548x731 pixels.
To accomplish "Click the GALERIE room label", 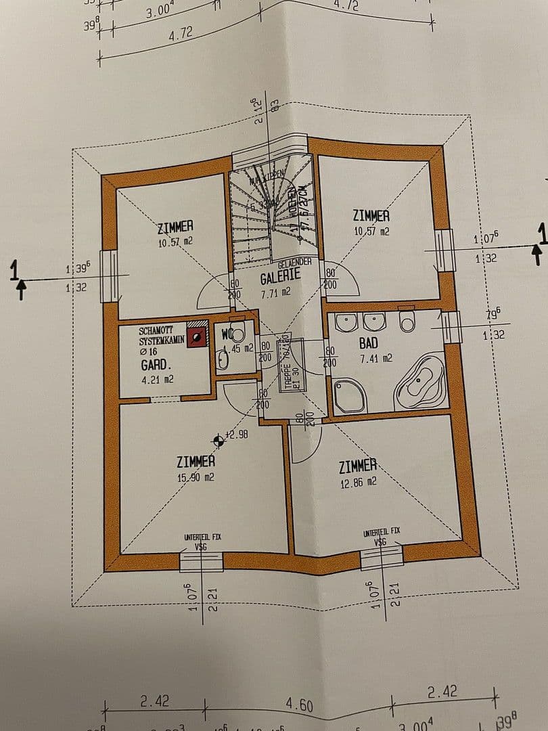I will tap(280, 277).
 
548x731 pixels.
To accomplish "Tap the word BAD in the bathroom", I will tap(368, 343).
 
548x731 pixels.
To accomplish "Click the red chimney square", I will tap(197, 334).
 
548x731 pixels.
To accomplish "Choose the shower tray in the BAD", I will tap(350, 395).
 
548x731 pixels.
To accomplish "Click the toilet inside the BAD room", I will tap(407, 322).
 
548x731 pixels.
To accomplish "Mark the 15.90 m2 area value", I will tap(196, 477).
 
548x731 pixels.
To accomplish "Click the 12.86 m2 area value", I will tap(358, 483).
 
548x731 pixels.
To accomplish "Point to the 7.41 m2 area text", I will tap(375, 358).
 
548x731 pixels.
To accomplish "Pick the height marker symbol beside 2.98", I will tap(218, 441).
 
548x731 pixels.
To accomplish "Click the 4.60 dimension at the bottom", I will tap(299, 705).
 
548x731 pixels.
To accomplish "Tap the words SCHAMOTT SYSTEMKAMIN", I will tap(161, 336).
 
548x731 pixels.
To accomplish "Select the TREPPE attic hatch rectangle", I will tap(296, 372).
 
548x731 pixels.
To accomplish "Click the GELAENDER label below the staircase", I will tap(294, 261).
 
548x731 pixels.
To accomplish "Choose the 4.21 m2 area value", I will tap(157, 380).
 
